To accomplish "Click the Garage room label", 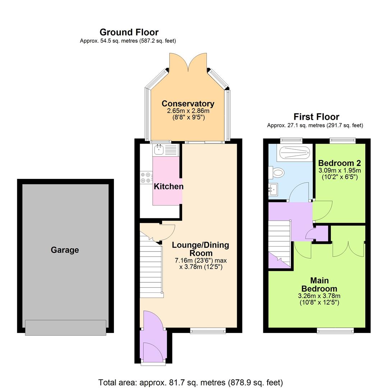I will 65,250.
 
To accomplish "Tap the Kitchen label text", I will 168,186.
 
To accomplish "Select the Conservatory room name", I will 188,104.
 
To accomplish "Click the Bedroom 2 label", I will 339,162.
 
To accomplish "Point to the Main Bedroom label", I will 319,285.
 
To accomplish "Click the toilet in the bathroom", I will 277,173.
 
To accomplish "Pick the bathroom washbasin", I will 273,189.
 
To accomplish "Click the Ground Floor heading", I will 129,32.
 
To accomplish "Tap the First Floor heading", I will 316,117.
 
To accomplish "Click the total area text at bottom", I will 190,382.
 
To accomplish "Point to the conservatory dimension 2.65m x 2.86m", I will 188,112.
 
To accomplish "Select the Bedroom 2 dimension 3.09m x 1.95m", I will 339,170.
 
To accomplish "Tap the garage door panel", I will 66,327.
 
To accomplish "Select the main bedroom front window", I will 335,331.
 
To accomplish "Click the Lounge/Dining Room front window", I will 208,331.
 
